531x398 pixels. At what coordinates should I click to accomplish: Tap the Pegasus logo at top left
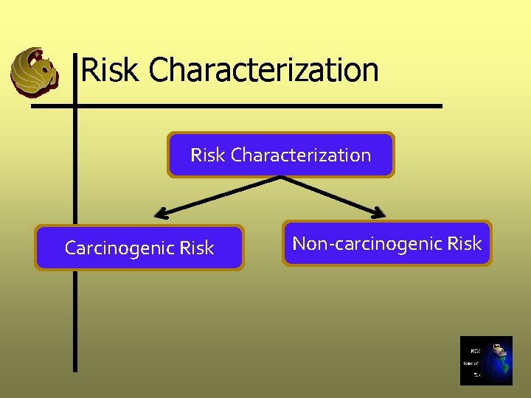pyautogui.click(x=34, y=71)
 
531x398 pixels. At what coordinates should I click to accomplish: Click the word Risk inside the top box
pyautogui.click(x=207, y=155)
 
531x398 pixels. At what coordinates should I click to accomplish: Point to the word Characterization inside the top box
pyautogui.click(x=301, y=155)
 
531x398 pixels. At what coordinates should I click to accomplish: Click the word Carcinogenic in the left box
pyautogui.click(x=119, y=248)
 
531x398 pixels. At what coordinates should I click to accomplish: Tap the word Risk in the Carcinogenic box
pyautogui.click(x=196, y=248)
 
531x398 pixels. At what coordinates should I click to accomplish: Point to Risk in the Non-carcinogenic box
pyautogui.click(x=465, y=243)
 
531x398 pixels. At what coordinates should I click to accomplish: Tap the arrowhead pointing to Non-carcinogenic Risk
pyautogui.click(x=379, y=213)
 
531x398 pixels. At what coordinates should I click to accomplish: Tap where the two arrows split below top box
pyautogui.click(x=280, y=178)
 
